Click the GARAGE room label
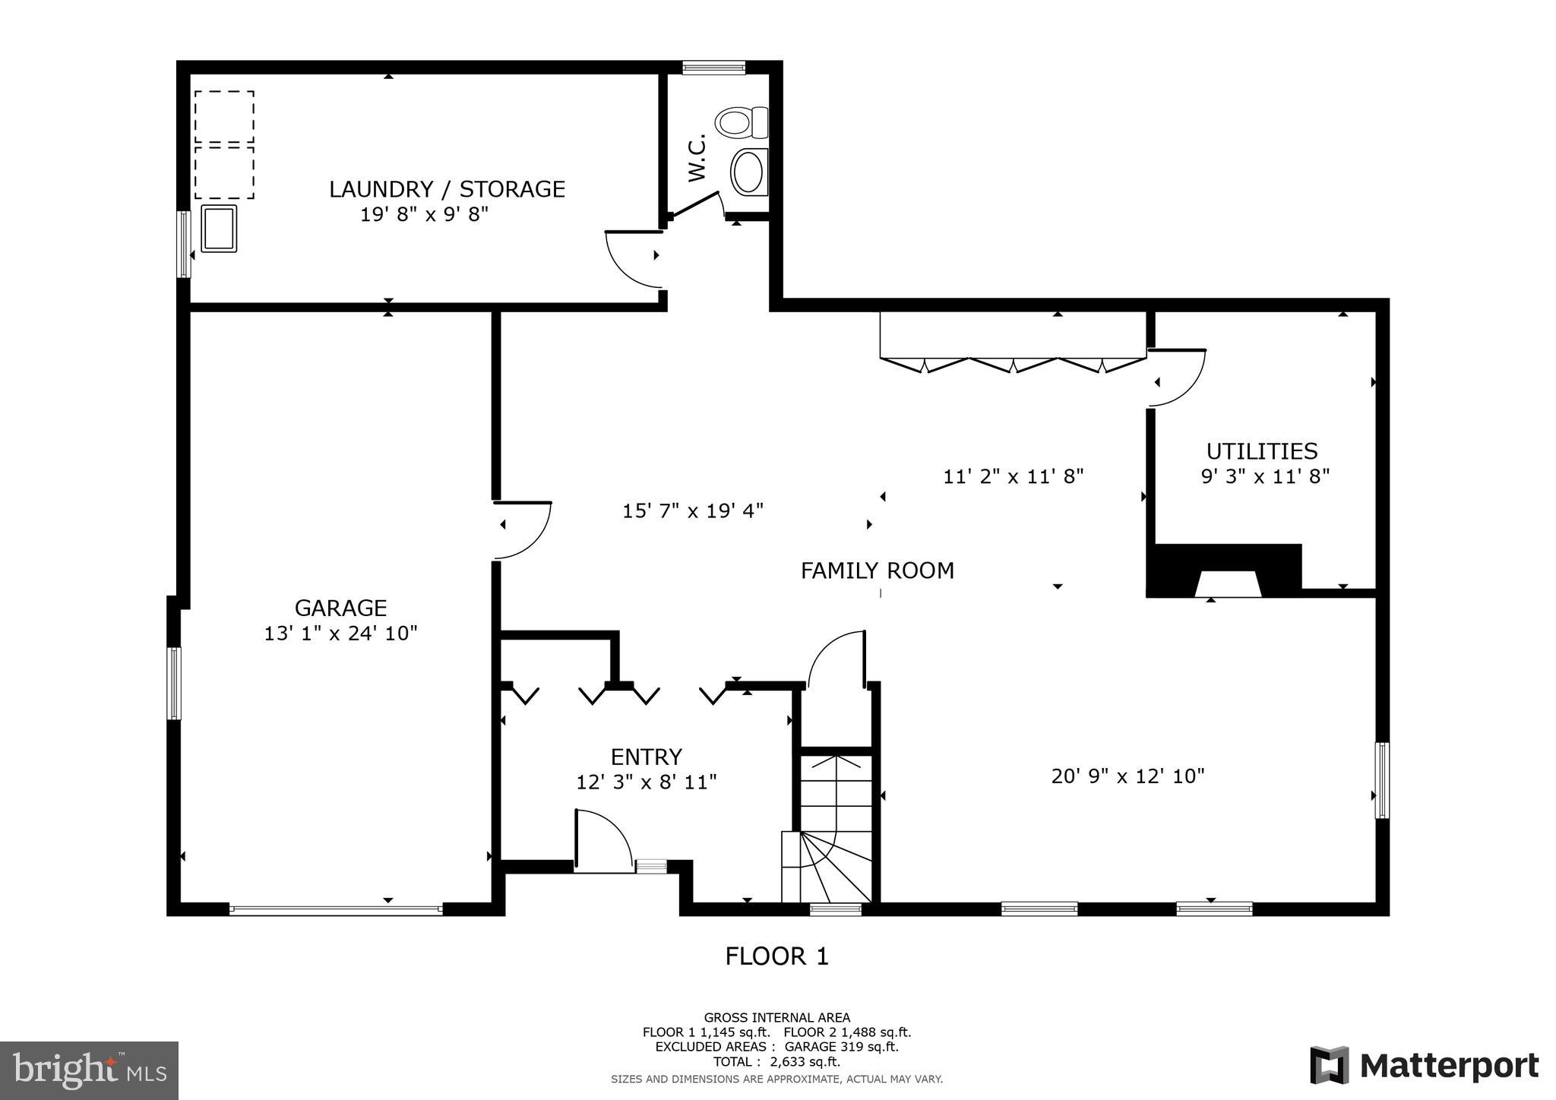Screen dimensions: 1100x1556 (340, 608)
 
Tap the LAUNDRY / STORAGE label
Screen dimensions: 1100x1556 (447, 189)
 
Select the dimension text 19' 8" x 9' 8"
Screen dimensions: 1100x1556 (423, 214)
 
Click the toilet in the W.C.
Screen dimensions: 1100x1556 (742, 122)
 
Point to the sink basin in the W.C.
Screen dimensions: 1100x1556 (748, 172)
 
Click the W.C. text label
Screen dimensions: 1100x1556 (697, 157)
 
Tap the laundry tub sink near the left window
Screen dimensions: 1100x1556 (219, 229)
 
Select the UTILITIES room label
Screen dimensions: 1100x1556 (1261, 451)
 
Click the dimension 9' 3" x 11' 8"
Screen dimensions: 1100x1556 (1264, 477)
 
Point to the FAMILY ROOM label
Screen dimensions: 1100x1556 (877, 571)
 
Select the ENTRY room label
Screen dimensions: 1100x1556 (646, 757)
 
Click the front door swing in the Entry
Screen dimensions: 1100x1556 (602, 840)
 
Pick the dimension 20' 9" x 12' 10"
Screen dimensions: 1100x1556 (1127, 776)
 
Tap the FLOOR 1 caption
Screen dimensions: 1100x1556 (776, 956)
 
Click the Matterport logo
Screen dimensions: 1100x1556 (1424, 1065)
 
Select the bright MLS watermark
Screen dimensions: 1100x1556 (89, 1070)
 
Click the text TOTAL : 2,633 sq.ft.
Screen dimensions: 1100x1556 (776, 1062)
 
